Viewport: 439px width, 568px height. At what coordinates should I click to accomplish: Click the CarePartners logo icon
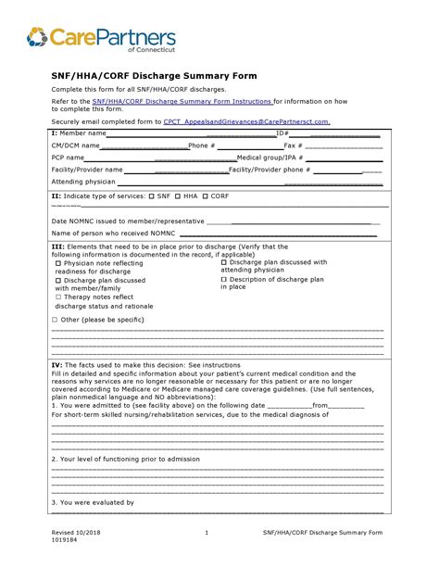click(37, 37)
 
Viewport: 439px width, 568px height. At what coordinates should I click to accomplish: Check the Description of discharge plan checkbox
click(225, 279)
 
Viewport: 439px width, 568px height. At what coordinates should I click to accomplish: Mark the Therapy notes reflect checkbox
click(58, 297)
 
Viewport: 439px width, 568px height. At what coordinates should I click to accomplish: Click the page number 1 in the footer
click(207, 533)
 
